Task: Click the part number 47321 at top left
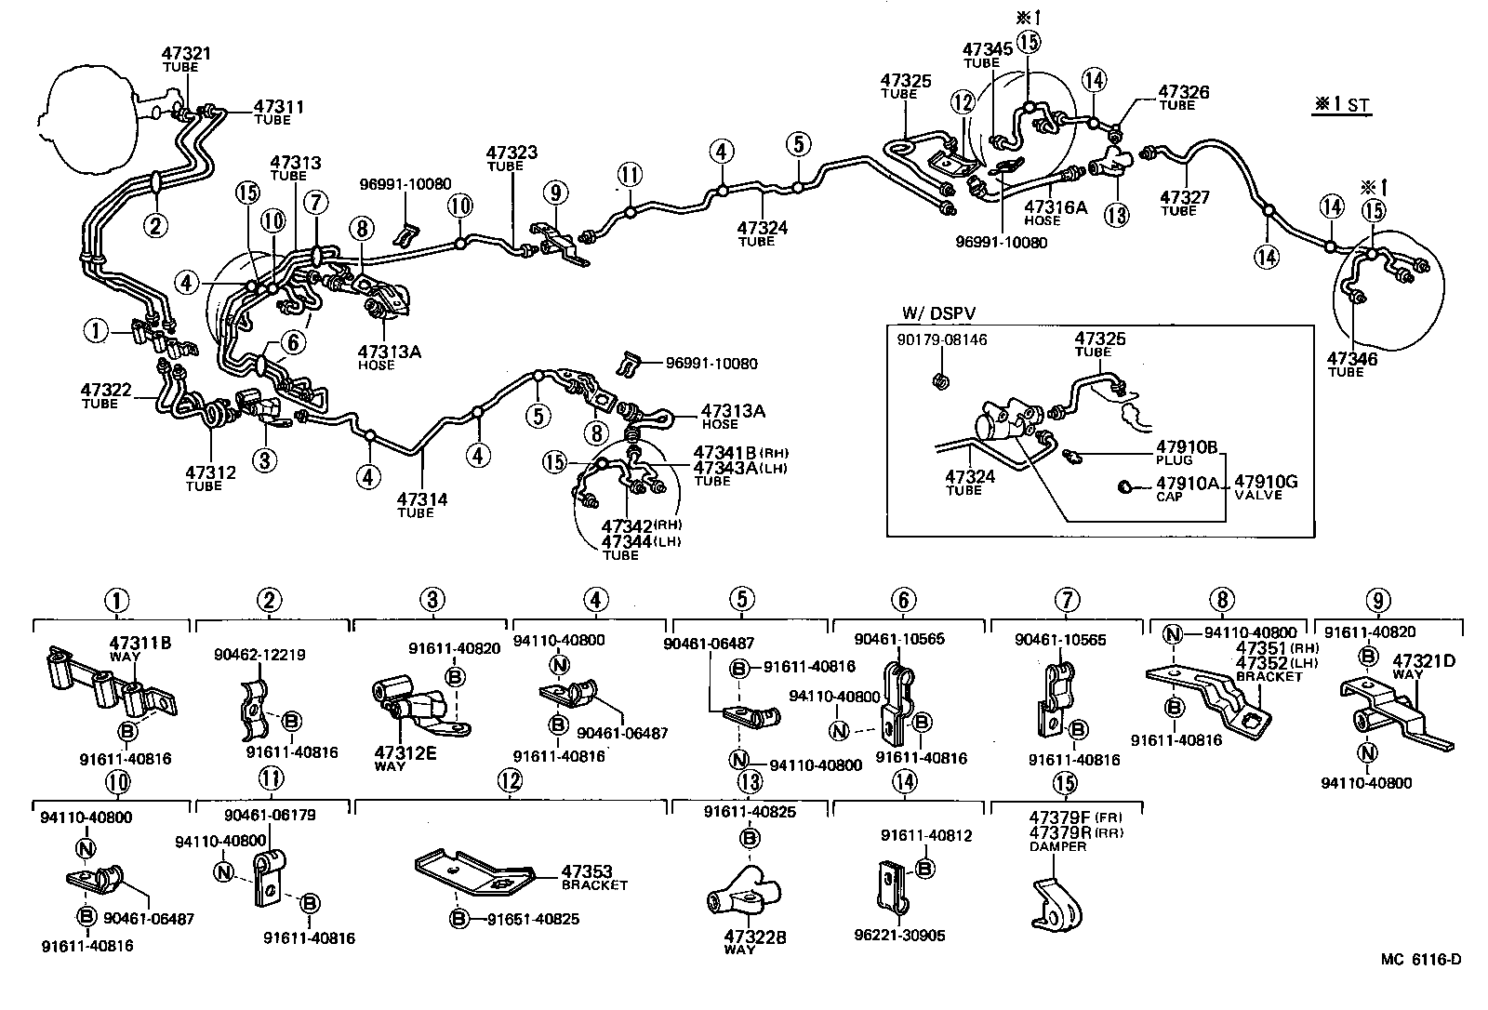186,54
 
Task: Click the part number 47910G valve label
1265,482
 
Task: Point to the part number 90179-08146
942,340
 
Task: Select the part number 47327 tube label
1184,197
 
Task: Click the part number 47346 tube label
1351,359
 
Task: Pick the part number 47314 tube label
421,499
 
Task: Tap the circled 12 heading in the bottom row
510,781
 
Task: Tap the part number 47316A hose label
1055,206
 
